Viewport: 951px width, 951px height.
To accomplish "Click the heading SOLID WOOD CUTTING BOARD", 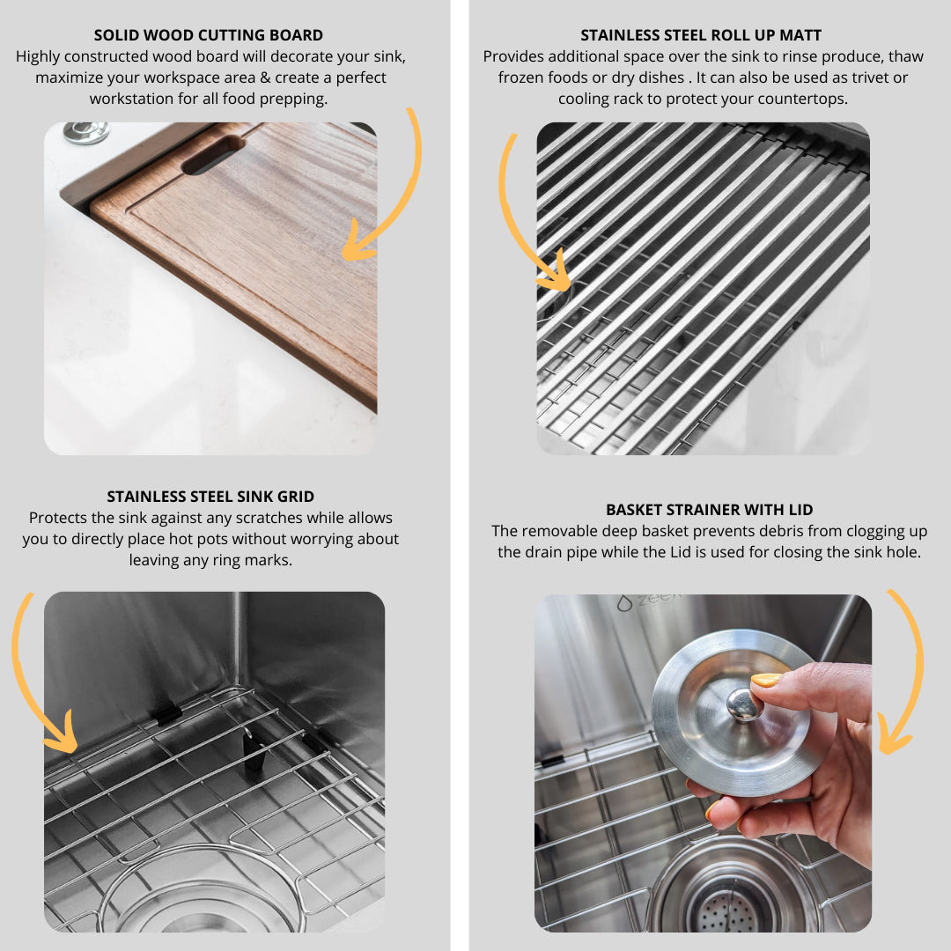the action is coord(208,35).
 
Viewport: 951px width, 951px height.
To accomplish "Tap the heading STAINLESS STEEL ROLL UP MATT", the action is coord(701,35).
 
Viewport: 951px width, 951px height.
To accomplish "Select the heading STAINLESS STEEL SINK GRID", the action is coord(210,497).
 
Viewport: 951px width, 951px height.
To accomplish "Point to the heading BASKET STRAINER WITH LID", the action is coord(710,510).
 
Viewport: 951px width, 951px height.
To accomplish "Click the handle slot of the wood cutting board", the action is coord(213,155).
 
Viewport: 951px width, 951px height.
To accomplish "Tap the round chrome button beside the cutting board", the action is coord(86,133).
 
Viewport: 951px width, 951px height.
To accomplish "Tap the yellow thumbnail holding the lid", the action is coord(766,681).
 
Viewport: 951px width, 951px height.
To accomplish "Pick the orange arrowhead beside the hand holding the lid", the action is coord(893,737).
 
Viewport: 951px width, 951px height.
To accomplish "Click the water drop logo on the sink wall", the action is coord(624,603).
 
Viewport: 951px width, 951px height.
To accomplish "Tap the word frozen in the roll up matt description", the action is coord(520,77).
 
